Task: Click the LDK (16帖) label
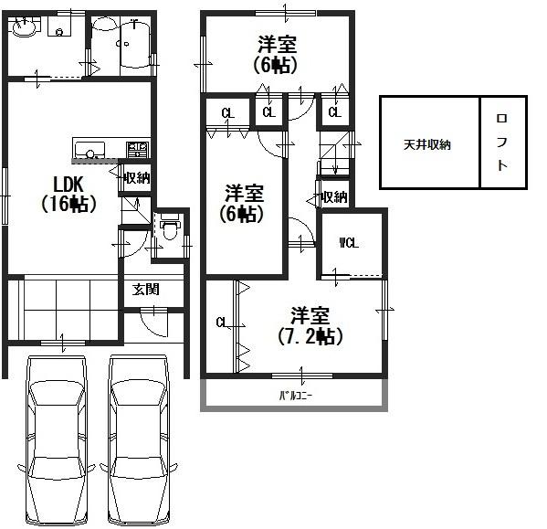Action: point(68,194)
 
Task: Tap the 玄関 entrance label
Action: point(146,290)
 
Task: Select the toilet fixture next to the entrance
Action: point(170,226)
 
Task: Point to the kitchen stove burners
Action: point(138,149)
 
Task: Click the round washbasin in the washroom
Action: point(25,27)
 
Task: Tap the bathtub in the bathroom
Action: point(135,44)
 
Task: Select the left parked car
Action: point(57,440)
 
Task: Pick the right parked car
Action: point(139,440)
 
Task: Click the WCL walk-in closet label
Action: point(349,243)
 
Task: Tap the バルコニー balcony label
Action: point(296,396)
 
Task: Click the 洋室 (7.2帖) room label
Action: point(310,326)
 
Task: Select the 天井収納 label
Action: point(427,144)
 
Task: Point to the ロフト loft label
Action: point(502,142)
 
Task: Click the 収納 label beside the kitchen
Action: point(138,178)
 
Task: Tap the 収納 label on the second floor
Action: point(335,197)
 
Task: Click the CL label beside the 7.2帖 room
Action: point(222,323)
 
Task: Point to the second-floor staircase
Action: point(334,153)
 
